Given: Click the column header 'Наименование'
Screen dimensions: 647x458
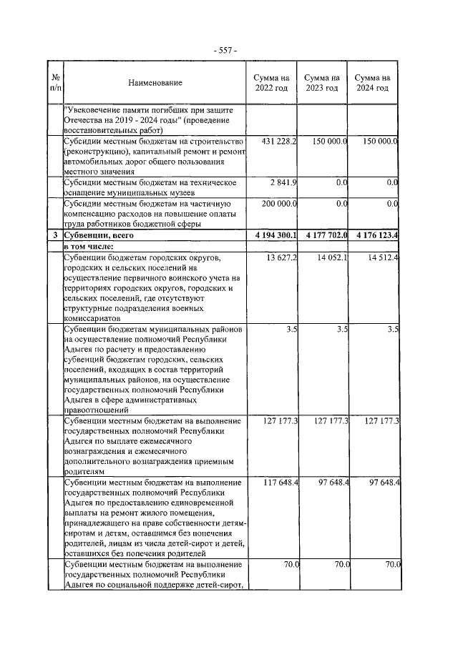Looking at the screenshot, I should point(155,83).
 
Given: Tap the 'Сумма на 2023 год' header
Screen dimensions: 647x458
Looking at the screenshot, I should point(322,83).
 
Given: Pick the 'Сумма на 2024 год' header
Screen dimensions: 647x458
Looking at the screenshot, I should point(372,83).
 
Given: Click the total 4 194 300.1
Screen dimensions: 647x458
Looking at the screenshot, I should point(272,234).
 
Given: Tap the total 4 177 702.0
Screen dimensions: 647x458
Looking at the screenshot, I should point(322,234).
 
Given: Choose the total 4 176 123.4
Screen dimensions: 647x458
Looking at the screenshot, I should point(372,234).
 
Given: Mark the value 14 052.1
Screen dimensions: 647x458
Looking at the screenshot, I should point(332,257).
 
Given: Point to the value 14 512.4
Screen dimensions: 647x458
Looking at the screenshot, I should point(382,257).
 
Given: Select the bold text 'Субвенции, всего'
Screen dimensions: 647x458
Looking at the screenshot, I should point(99,234).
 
